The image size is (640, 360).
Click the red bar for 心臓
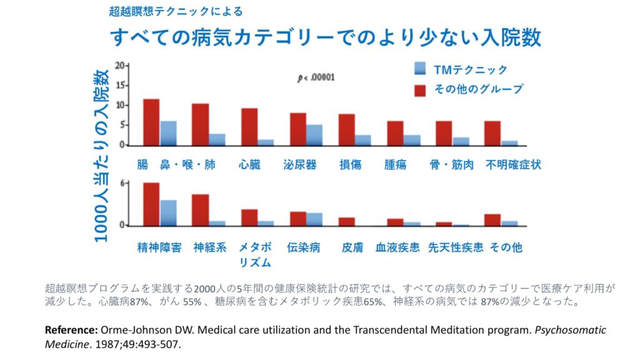(x=249, y=127)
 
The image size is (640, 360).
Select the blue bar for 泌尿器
(x=314, y=135)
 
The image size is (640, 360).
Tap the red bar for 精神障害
(x=151, y=204)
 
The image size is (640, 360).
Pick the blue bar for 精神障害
(x=168, y=212)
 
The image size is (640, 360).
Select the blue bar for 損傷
(x=363, y=140)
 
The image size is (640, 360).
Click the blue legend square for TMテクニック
(x=420, y=69)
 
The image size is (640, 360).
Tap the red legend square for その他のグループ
(x=420, y=89)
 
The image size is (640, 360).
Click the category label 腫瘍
(x=396, y=165)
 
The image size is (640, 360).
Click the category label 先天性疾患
(x=455, y=247)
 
